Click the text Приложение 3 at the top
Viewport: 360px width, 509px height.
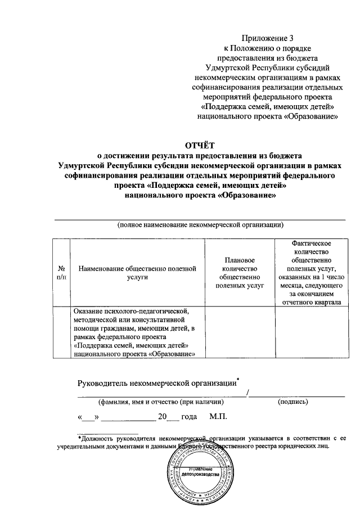click(x=268, y=38)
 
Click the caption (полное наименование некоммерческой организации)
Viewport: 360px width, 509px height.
click(x=200, y=224)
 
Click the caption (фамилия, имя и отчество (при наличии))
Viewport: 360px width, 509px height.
click(x=161, y=402)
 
